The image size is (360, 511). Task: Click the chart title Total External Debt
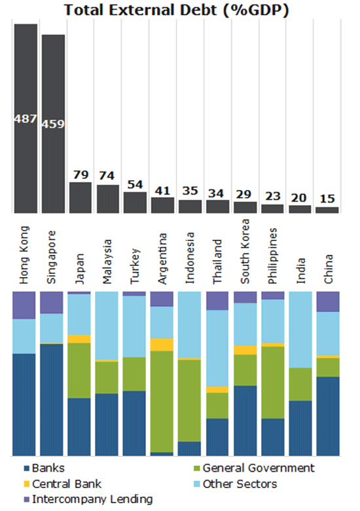(x=176, y=10)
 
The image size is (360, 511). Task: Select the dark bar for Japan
(x=81, y=197)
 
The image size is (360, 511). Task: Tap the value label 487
(x=26, y=119)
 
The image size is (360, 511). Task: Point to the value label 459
(x=53, y=124)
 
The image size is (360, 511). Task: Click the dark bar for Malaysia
(x=108, y=199)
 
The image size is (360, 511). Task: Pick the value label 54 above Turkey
(x=135, y=185)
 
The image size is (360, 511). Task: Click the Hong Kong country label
(x=24, y=255)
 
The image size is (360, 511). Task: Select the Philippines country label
(x=272, y=256)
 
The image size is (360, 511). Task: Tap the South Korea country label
(x=245, y=252)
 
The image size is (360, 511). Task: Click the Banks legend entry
(x=45, y=468)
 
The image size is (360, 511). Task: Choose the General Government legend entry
(x=254, y=468)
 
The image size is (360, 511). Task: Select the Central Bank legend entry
(x=63, y=484)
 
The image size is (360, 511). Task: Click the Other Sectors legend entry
(x=236, y=484)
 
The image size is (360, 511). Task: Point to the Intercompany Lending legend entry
(x=88, y=499)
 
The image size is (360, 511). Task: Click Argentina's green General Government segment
(x=162, y=402)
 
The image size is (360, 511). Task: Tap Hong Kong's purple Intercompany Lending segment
(x=24, y=305)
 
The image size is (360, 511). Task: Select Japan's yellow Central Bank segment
(x=79, y=339)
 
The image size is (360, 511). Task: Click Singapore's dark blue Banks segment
(x=52, y=400)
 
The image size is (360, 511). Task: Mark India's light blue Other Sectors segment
(x=300, y=330)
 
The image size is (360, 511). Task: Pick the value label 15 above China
(x=327, y=199)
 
